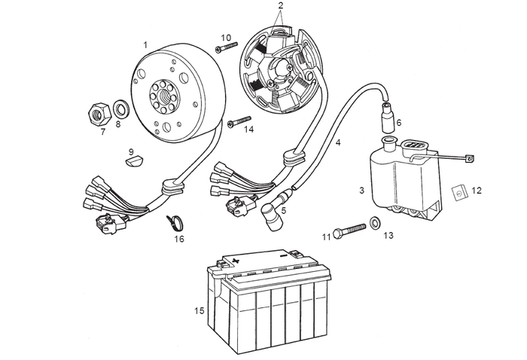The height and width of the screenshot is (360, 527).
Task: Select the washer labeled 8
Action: (x=120, y=105)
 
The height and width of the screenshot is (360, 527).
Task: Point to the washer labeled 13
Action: (x=375, y=224)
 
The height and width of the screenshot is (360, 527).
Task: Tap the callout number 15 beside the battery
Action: (x=198, y=310)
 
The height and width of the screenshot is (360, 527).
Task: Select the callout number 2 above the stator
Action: (x=280, y=6)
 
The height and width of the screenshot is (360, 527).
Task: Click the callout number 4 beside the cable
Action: (x=338, y=141)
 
